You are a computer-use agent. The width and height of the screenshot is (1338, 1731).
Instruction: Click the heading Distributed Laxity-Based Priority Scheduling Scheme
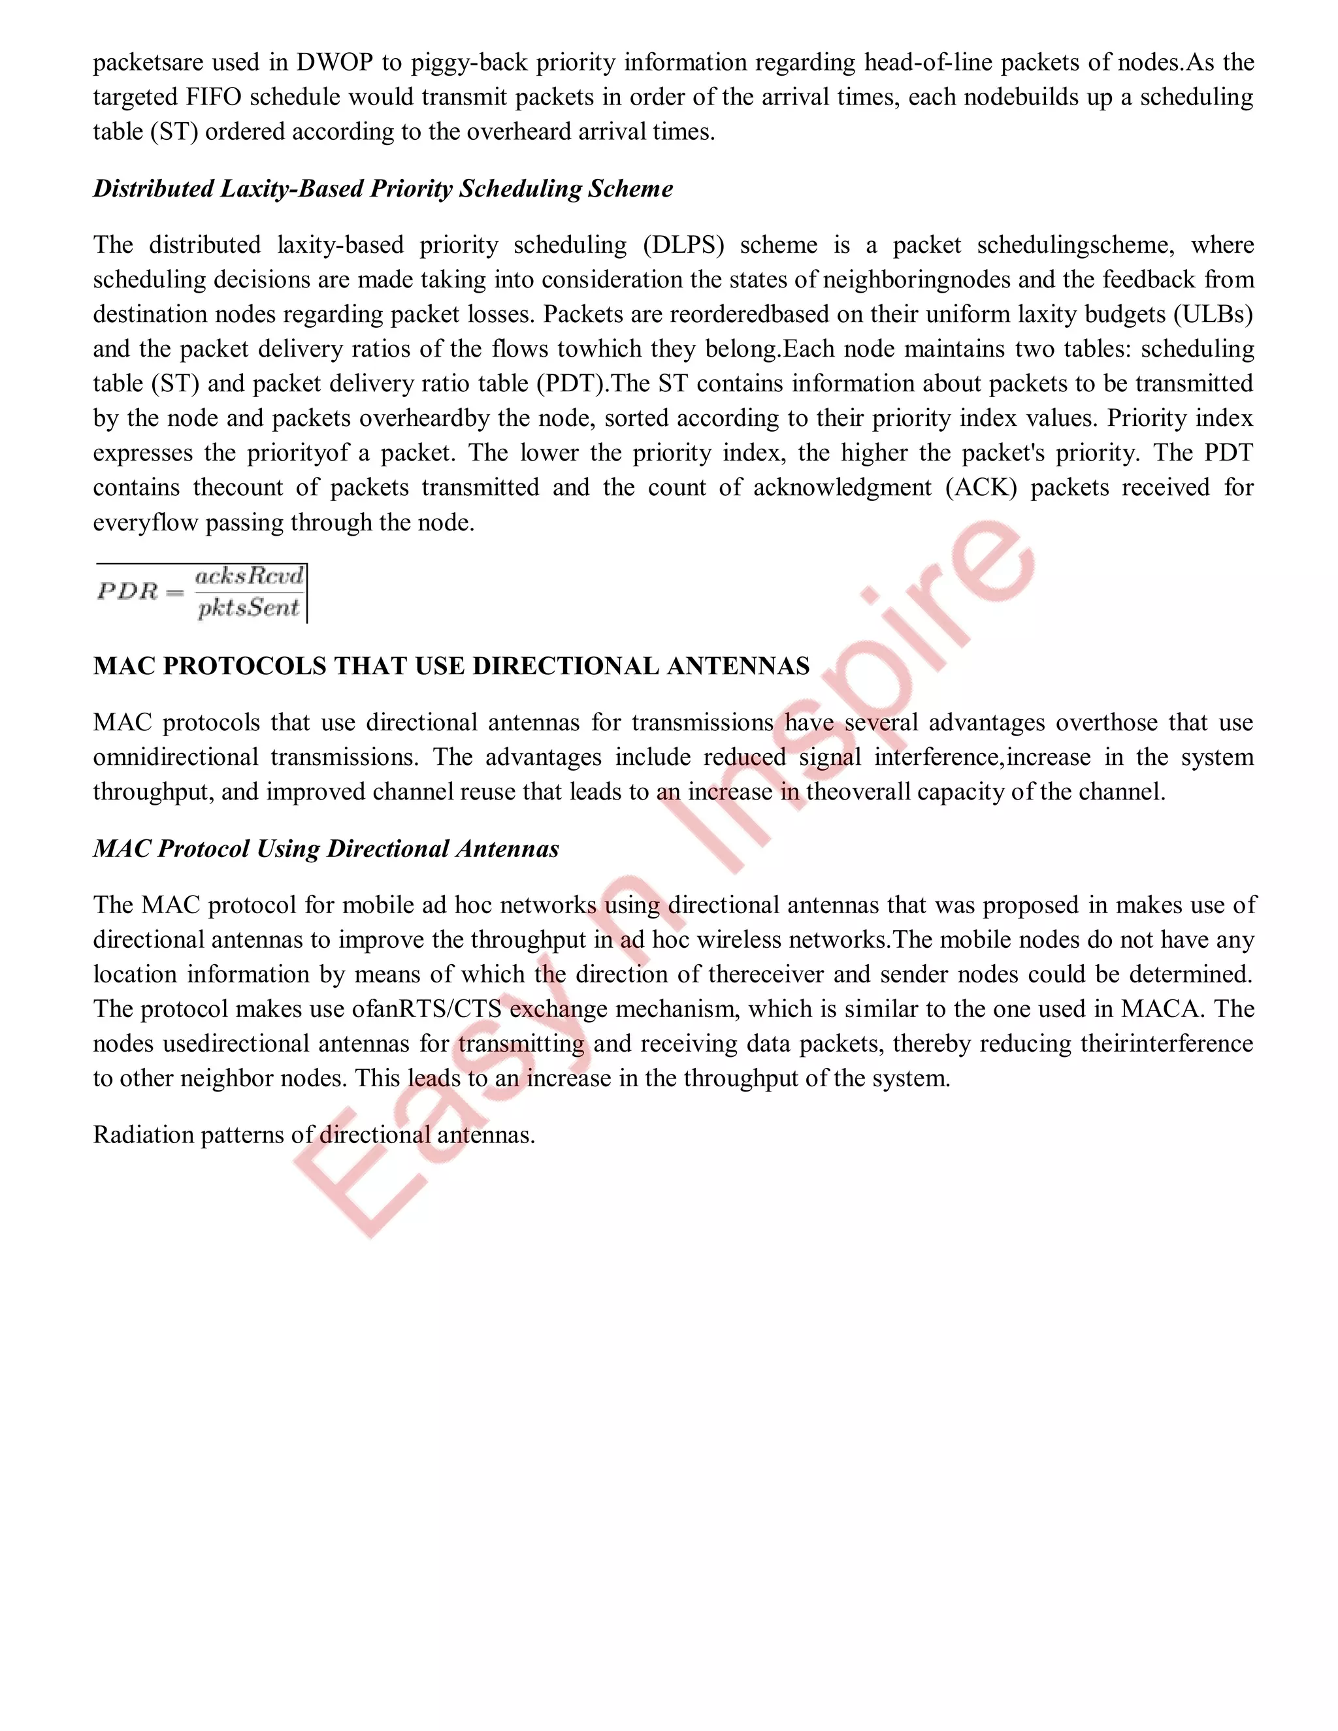coord(383,189)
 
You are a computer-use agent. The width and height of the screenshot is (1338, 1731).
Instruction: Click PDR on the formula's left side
coord(127,591)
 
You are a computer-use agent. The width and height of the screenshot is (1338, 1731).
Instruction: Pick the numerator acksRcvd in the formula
coord(249,576)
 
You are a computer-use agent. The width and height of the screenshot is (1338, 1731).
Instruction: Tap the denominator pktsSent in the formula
coord(249,608)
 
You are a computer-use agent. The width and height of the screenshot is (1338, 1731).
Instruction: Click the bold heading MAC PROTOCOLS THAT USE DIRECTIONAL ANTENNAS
coord(451,666)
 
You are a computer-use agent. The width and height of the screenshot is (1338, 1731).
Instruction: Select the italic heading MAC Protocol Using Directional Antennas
coord(326,849)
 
